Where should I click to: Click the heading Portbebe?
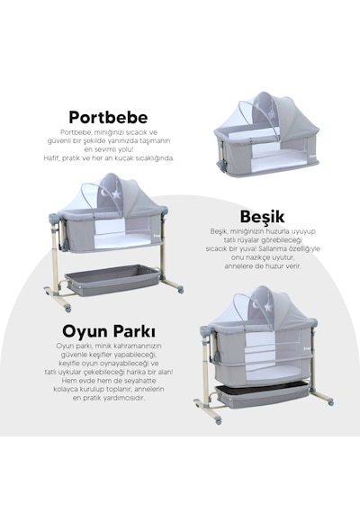pyautogui.click(x=108, y=118)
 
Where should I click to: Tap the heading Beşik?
pyautogui.click(x=262, y=217)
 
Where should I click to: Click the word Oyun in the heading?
pyautogui.click(x=85, y=331)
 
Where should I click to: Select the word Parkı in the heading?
pyautogui.click(x=134, y=331)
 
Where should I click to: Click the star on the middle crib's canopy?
pyautogui.click(x=116, y=194)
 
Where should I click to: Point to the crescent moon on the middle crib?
pyautogui.click(x=105, y=193)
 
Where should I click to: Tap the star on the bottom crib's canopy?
pyautogui.click(x=268, y=307)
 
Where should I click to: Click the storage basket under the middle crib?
pyautogui.click(x=112, y=280)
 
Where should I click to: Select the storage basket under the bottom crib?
pyautogui.click(x=262, y=395)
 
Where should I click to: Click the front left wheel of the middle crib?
pyautogui.click(x=67, y=309)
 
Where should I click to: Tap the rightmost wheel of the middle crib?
pyautogui.click(x=180, y=290)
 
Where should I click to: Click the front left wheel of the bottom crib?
pyautogui.click(x=219, y=421)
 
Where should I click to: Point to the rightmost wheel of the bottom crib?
pyautogui.click(x=331, y=402)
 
